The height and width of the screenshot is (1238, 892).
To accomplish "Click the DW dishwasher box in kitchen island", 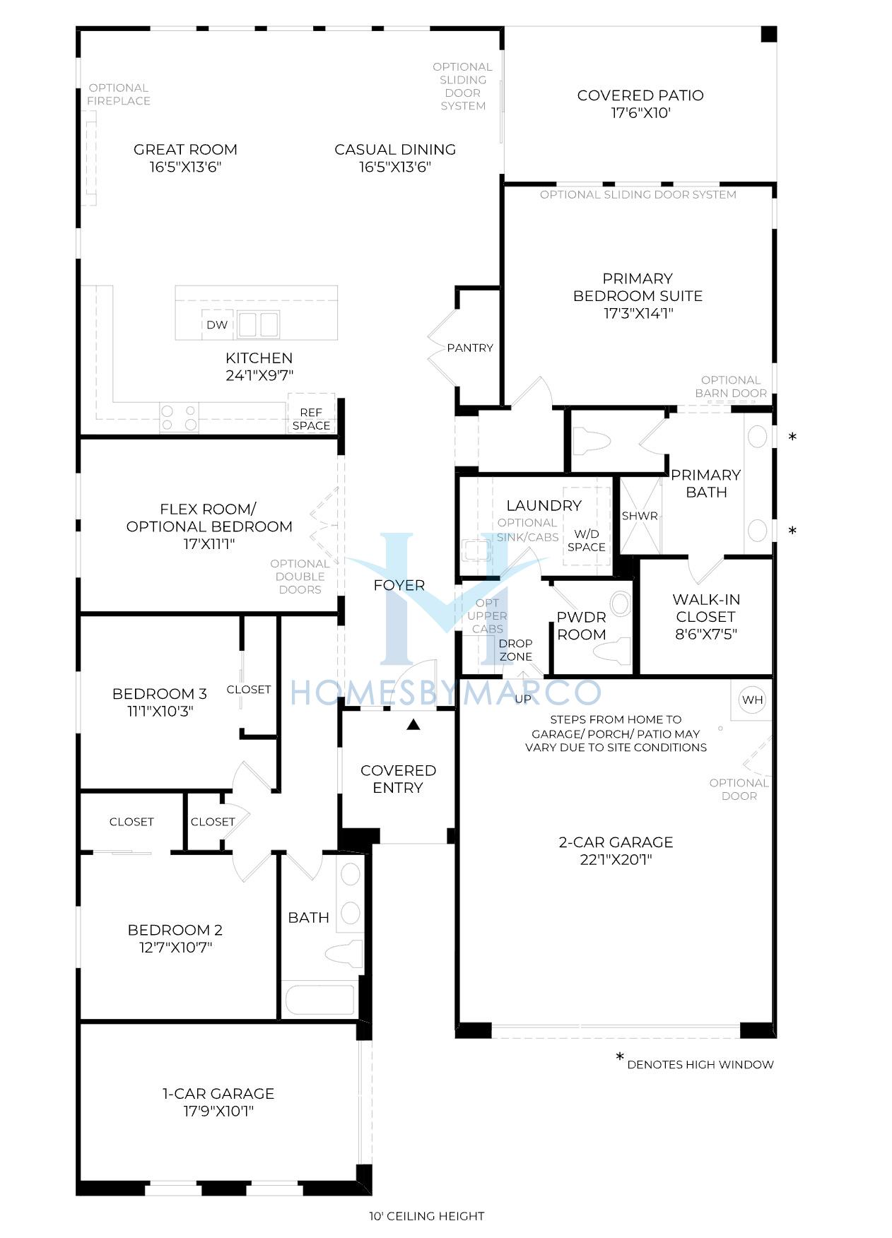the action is point(217,325).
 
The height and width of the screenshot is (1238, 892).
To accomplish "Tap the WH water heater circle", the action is point(753,700).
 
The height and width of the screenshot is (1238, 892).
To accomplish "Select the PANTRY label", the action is point(470,348).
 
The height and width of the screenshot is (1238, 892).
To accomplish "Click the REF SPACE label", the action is point(311,419).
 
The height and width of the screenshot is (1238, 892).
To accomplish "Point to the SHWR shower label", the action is point(640,516).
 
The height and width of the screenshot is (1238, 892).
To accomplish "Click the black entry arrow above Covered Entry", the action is point(413,724).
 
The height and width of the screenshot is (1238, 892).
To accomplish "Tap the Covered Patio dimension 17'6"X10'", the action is point(640,112).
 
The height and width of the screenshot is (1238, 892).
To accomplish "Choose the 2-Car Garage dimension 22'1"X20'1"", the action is point(616,860).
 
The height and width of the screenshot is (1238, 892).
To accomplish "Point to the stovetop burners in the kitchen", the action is point(179,417).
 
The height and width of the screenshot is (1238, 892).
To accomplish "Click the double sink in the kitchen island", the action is point(258,325).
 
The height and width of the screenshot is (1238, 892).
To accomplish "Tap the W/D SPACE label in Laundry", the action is point(586,541).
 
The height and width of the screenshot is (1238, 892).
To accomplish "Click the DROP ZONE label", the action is point(516,650).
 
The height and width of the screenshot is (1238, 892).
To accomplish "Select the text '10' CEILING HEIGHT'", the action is point(426,1216).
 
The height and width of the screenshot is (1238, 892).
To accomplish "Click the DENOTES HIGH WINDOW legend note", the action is point(700,1064).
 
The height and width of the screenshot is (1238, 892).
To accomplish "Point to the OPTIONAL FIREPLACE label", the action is point(119,95).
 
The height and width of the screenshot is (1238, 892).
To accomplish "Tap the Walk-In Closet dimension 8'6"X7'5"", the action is point(706,634).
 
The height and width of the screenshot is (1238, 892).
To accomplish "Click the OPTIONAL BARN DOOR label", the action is point(731,387).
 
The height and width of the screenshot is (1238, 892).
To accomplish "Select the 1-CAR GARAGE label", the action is point(218,1093).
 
